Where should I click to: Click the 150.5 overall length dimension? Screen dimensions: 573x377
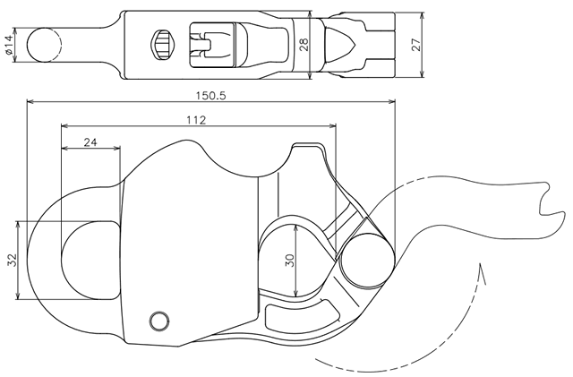[x=211, y=96]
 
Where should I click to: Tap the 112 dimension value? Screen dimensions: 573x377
[x=196, y=120]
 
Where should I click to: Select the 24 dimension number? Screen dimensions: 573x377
[x=90, y=141]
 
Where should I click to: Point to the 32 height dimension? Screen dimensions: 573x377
[x=13, y=260]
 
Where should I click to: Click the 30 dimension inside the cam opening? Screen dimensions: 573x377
[x=289, y=260]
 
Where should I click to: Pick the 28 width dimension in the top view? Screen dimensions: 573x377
[x=304, y=45]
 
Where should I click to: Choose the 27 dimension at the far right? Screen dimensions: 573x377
[x=416, y=45]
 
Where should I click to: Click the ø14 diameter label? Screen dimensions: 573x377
[x=9, y=45]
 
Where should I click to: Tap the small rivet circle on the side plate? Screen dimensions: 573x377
[x=159, y=321]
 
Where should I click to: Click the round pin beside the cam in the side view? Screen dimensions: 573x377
[x=368, y=261]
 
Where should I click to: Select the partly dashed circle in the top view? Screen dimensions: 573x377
[x=43, y=45]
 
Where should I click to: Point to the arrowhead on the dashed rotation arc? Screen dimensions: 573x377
[x=482, y=273]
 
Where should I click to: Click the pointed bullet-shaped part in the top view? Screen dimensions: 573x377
[x=340, y=45]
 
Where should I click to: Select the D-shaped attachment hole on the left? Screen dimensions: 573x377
[x=90, y=260]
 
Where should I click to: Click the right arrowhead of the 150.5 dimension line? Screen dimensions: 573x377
[x=391, y=101]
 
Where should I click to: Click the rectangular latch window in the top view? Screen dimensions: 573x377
[x=212, y=45]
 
